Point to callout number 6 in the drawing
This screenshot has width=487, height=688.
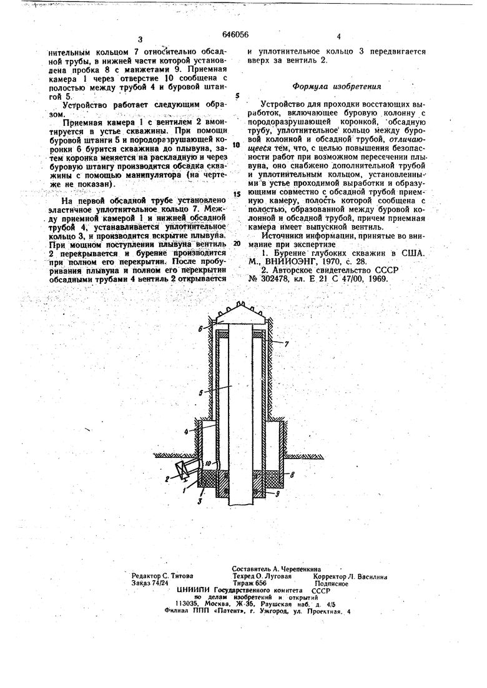click(200, 327)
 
